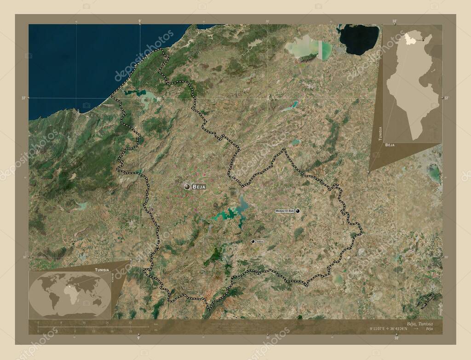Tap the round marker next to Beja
[187, 186]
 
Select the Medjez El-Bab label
[284, 211]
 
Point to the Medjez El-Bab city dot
[298, 211]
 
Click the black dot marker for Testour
[253, 241]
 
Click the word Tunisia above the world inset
[102, 269]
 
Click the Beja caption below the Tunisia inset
[390, 145]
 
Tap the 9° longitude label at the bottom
[138, 338]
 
